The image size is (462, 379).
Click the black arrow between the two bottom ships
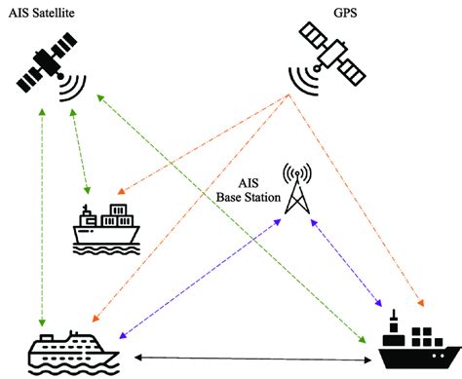249,359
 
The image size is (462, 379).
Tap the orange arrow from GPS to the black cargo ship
361,195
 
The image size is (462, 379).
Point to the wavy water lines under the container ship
106,247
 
